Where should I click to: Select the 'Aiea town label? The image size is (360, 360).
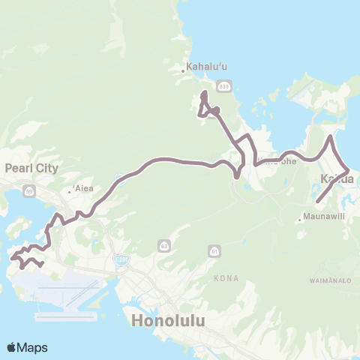tap(83, 188)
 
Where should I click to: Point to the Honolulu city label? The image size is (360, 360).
tap(169, 320)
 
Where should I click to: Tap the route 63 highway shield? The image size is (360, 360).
tap(164, 245)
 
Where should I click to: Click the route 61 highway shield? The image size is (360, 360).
tap(215, 250)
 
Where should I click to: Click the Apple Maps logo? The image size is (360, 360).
tap(27, 347)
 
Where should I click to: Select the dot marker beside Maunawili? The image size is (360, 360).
tap(299, 220)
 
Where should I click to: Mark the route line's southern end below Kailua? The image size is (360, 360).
tap(317, 202)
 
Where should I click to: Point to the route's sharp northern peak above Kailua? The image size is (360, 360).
tap(330, 137)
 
